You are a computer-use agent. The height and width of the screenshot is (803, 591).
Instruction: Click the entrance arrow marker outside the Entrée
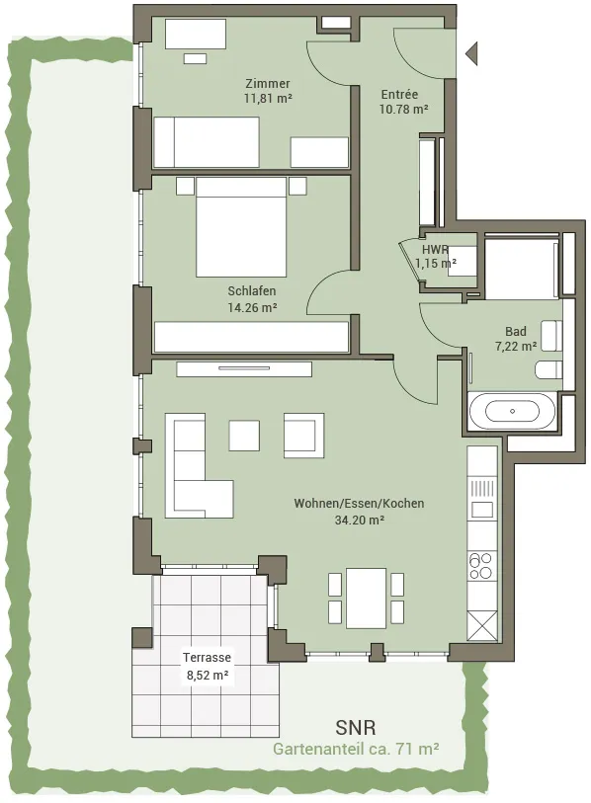click(x=472, y=53)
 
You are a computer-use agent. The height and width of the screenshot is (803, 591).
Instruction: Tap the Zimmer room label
click(x=268, y=84)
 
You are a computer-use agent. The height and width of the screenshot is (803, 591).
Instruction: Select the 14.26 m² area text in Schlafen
click(x=252, y=307)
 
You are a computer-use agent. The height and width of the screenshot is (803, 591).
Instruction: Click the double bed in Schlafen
click(x=241, y=227)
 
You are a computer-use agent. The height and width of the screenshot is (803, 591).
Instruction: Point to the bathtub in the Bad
click(x=512, y=411)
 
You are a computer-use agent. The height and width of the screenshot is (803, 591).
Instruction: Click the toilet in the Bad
click(x=549, y=369)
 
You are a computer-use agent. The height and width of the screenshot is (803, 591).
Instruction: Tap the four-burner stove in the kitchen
click(x=481, y=566)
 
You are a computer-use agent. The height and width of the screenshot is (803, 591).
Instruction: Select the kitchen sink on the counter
click(x=482, y=510)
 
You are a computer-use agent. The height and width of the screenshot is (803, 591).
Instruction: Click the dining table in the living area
click(x=366, y=599)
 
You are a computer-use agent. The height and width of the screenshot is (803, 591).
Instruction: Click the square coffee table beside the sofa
click(x=244, y=436)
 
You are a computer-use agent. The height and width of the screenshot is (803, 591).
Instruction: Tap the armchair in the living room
click(x=304, y=436)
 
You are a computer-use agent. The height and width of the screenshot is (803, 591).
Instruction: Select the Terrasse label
click(x=208, y=657)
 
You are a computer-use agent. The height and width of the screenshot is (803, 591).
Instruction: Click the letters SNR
click(x=356, y=727)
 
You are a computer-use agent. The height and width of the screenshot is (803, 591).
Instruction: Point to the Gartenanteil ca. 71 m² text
click(x=356, y=749)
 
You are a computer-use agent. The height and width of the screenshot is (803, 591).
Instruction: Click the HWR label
click(x=435, y=250)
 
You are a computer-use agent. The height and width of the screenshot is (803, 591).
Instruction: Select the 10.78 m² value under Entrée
click(x=404, y=109)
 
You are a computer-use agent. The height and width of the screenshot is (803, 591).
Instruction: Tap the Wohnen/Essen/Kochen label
click(x=359, y=503)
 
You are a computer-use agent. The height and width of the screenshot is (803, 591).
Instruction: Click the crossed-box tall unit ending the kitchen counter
click(x=482, y=625)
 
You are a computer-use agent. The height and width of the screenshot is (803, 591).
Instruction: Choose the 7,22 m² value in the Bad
click(x=516, y=347)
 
